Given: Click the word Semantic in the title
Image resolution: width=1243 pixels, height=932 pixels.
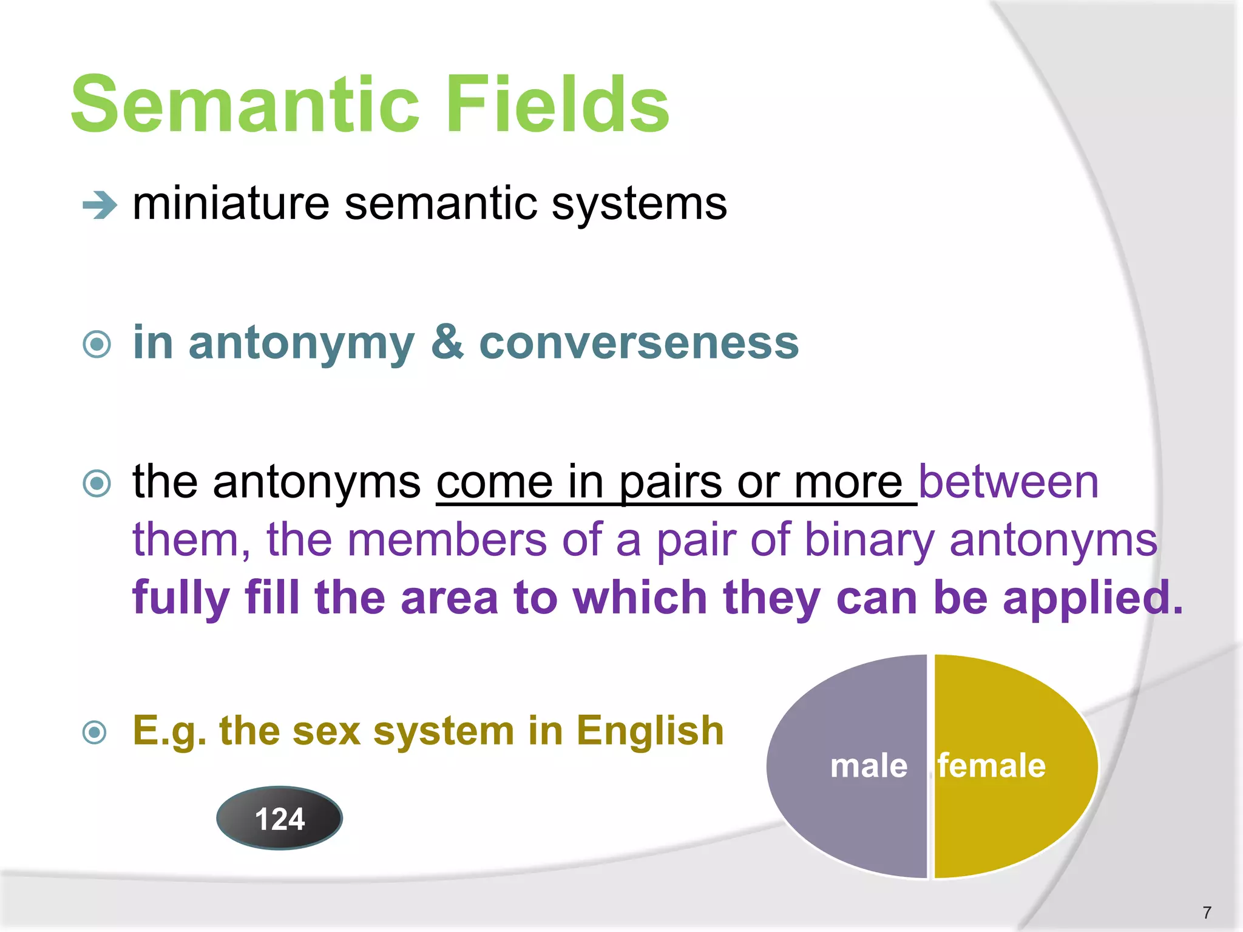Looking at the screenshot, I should pos(245,104).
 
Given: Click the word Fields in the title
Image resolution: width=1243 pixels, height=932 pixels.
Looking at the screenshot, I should pos(557,104).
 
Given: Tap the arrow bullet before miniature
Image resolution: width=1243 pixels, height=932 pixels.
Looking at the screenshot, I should pos(100,205).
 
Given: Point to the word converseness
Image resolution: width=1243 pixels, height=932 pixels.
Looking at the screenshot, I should pos(638,343).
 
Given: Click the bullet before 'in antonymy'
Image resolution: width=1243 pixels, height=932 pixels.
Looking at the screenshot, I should pos(97,345).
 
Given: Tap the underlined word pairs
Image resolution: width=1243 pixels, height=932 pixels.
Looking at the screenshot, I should pos(670,484).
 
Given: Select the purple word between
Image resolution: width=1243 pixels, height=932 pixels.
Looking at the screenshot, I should pos(1008,482).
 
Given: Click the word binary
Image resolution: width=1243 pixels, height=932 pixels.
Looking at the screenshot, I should pos(869,540).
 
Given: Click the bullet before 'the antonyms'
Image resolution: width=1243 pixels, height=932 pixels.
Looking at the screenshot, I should pos(97,484).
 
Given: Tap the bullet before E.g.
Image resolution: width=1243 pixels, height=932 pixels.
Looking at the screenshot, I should pos(95,732).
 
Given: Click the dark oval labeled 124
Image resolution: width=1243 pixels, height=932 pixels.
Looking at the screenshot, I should pos(279,818).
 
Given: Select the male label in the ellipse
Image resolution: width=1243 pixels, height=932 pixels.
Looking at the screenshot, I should pos(869,766).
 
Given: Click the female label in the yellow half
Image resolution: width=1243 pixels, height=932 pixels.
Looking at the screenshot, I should pos(991,766).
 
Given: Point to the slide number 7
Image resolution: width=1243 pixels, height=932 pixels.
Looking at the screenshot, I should pos(1207,912).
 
